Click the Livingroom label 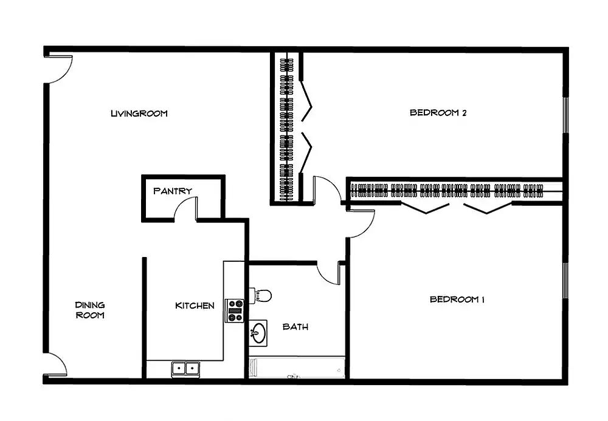(x=139, y=114)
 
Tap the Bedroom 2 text (x=438, y=113)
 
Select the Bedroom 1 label (x=457, y=299)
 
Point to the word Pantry (x=173, y=191)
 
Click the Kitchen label (x=195, y=306)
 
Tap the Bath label (x=295, y=327)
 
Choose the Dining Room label (x=90, y=310)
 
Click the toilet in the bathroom (x=260, y=295)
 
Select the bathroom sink (x=258, y=333)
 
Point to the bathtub (x=297, y=367)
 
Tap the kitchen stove (x=235, y=310)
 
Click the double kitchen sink (x=185, y=368)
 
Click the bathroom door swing (x=328, y=273)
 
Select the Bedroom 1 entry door (x=361, y=224)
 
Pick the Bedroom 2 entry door (x=327, y=190)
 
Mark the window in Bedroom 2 (x=565, y=115)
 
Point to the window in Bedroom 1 (x=565, y=281)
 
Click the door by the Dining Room (x=55, y=365)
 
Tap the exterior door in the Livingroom (x=58, y=69)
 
